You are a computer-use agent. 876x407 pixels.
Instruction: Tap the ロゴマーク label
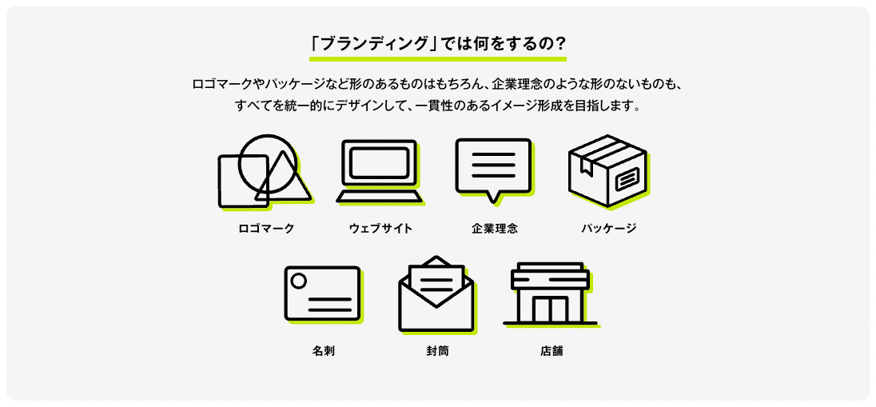pyautogui.click(x=267, y=229)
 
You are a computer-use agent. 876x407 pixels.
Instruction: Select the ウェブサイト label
pyautogui.click(x=380, y=229)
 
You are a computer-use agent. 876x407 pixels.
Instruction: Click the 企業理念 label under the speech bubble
pyautogui.click(x=495, y=229)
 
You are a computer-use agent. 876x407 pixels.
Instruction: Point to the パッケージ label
pyautogui.click(x=608, y=229)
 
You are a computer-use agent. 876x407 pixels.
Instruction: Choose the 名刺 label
pyautogui.click(x=323, y=351)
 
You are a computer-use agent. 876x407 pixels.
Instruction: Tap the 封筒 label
pyautogui.click(x=437, y=351)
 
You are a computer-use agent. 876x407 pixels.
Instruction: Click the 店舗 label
pyautogui.click(x=551, y=351)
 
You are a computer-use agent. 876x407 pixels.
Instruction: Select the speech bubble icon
pyautogui.click(x=493, y=166)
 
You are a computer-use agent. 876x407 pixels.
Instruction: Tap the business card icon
pyautogui.click(x=322, y=293)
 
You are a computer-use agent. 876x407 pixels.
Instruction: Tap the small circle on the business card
pyautogui.click(x=299, y=281)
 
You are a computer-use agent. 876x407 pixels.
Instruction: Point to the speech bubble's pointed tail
pyautogui.click(x=493, y=196)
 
